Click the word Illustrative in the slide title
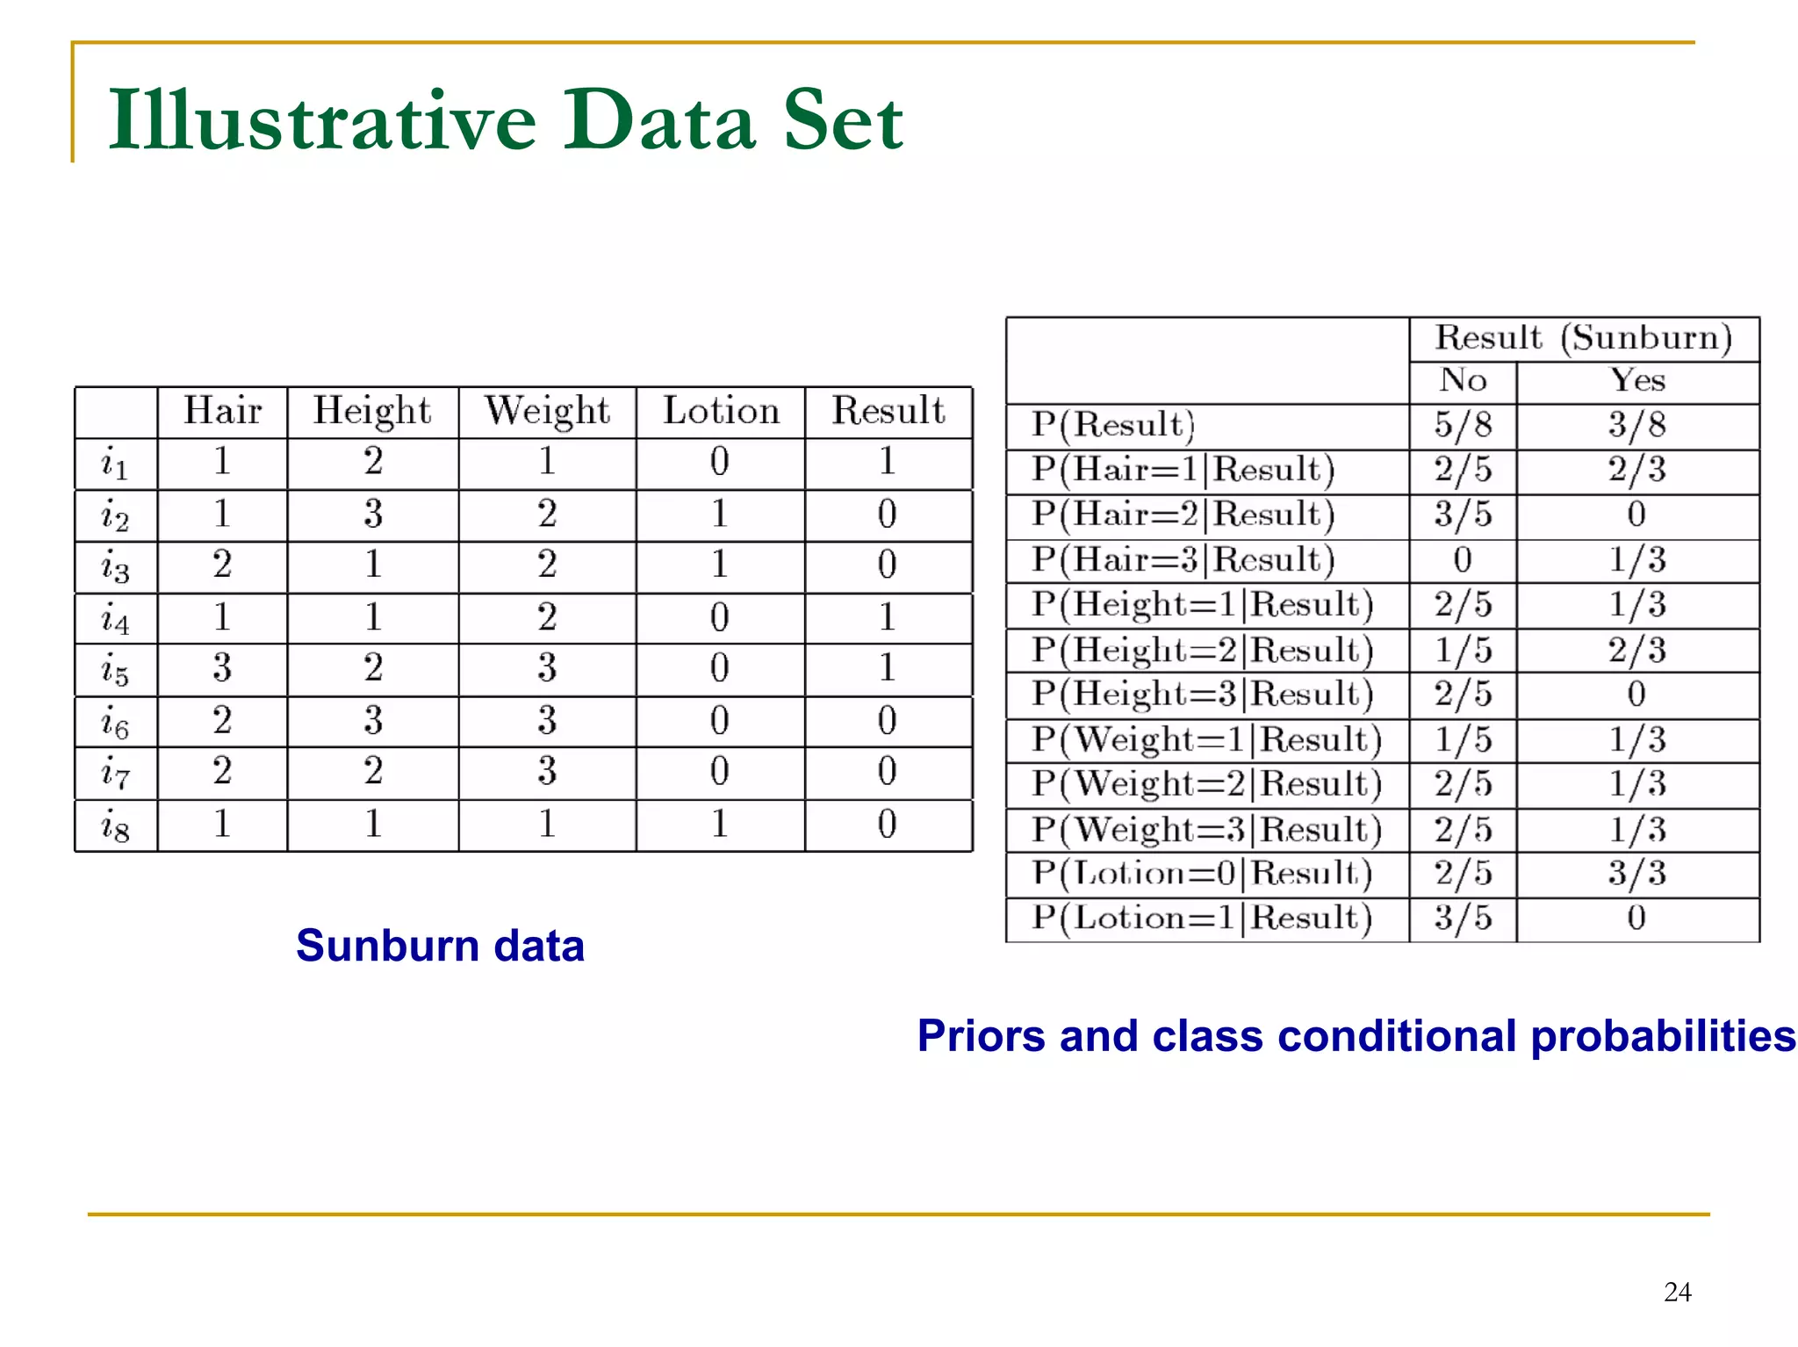[321, 120]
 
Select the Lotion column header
[721, 411]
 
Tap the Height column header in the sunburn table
[372, 411]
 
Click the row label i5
[115, 671]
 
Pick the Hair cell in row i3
[222, 565]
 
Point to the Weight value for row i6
[547, 721]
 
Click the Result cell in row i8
[887, 825]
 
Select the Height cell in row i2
[373, 514]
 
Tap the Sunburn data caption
[440, 946]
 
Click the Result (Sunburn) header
[1583, 338]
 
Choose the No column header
[1463, 381]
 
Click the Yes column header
[1637, 381]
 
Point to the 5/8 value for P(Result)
[1463, 425]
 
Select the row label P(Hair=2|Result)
[1183, 515]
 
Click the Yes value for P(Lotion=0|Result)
[1636, 874]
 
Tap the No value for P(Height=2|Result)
[1463, 651]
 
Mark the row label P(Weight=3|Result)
[1206, 830]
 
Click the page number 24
[1677, 1292]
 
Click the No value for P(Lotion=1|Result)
[1463, 918]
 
